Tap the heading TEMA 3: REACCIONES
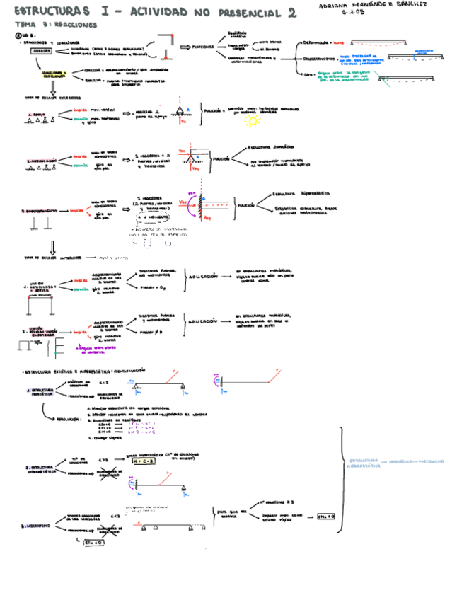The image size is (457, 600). click(x=57, y=24)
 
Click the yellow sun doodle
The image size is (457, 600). click(x=252, y=121)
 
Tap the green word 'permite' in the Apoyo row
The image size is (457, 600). click(x=81, y=120)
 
